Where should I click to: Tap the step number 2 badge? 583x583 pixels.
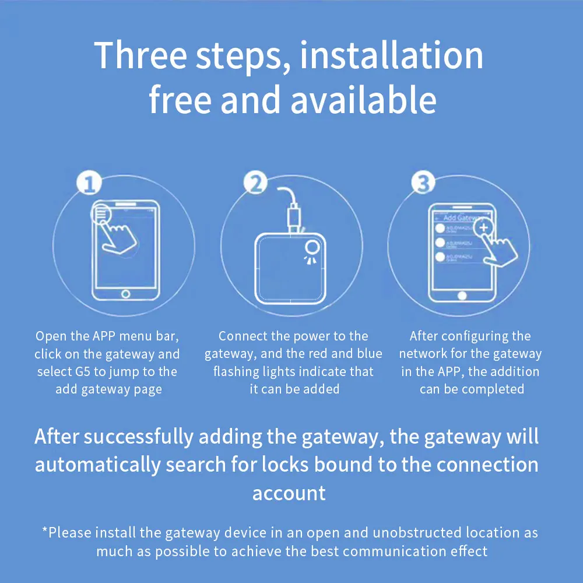tap(255, 184)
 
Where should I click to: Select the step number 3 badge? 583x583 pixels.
tap(423, 184)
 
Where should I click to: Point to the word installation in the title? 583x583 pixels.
tap(392, 55)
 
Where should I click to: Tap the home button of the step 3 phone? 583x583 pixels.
tap(462, 293)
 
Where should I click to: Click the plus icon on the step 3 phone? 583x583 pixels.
tap(483, 227)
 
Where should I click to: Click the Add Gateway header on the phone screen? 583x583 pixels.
tap(461, 218)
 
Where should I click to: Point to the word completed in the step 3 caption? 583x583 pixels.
tap(495, 389)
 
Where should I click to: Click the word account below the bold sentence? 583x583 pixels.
tap(289, 493)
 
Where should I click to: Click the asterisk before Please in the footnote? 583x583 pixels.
tap(45, 531)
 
